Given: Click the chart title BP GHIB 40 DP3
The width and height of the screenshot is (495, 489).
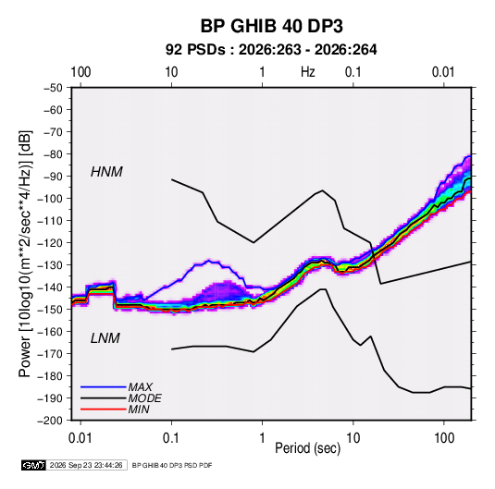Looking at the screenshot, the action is coord(271,26).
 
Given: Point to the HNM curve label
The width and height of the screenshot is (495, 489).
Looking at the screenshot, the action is coord(106,172).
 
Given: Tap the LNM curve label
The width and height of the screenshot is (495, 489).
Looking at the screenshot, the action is coord(105,338).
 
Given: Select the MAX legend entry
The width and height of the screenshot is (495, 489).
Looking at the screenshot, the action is coord(140,387).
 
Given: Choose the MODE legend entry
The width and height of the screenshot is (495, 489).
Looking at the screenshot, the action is coord(145,398).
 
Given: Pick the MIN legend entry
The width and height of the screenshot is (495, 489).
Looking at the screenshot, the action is coord(139,410).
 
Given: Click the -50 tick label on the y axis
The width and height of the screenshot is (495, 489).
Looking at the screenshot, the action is coord(53,88).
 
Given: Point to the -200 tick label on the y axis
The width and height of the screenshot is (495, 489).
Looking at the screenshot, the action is coord(50,421).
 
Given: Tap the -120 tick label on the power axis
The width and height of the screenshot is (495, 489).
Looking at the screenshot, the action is coord(50,243).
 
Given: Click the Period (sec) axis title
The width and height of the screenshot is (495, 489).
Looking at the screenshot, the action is coord(308,448).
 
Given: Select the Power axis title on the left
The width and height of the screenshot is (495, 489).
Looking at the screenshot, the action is coord(25,254).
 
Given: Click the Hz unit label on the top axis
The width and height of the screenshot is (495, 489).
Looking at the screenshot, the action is coord(308,72).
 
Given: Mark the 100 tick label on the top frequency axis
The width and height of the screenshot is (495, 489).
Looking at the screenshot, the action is coord(80,72).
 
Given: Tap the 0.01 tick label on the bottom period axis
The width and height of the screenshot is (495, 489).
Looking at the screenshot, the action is coord(80,438).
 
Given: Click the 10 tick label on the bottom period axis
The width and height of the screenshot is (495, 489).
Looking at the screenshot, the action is coord(353,438).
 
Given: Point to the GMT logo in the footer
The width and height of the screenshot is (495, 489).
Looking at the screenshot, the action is coord(34,465).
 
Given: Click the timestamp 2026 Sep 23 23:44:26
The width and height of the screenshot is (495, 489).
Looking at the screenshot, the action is coord(86,465).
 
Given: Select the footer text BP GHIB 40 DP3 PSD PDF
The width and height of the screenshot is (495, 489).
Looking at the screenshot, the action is coord(172,465).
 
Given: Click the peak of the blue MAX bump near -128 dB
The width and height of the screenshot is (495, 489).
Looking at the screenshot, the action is coord(209,261).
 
